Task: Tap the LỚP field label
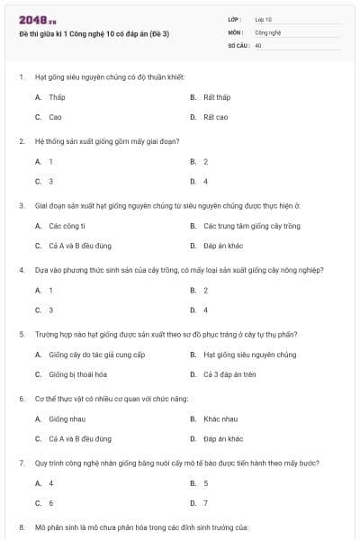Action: (237, 19)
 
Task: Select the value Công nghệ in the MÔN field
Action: (268, 31)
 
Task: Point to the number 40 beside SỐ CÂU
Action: (258, 43)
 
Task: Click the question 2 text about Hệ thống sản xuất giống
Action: (107, 141)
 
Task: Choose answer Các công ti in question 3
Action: (67, 225)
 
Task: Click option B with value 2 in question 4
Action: (206, 290)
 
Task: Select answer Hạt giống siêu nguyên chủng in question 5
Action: (248, 355)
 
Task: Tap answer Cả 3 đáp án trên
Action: (229, 374)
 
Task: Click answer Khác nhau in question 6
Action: (220, 418)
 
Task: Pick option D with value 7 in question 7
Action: (206, 503)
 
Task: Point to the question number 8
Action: (22, 526)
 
